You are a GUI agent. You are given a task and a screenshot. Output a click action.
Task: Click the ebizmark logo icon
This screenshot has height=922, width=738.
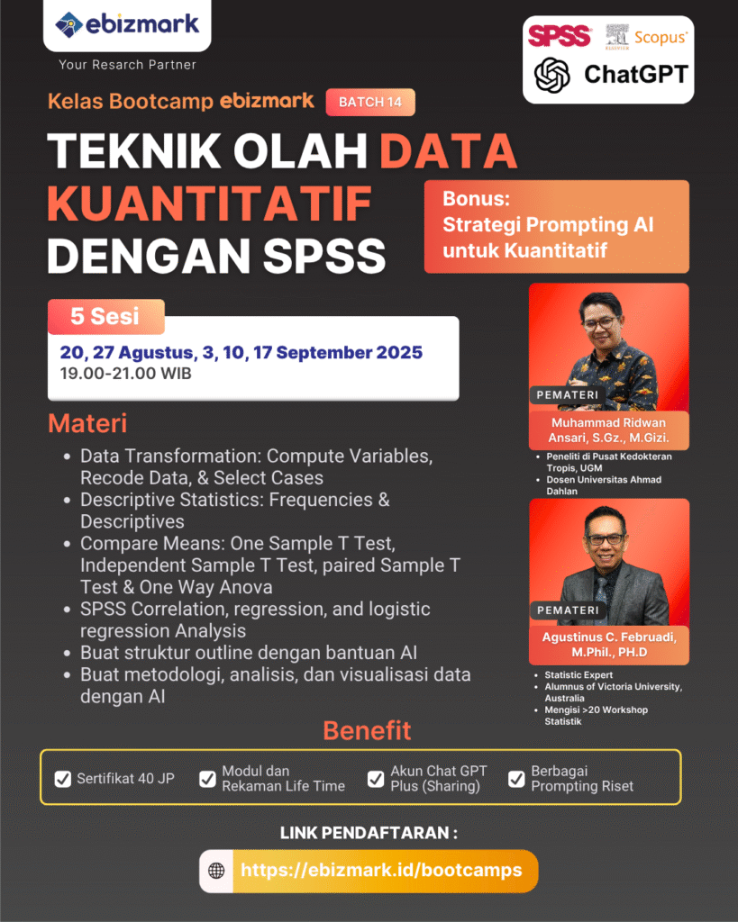tap(68, 24)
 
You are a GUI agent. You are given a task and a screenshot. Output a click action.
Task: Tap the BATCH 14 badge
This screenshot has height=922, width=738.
tap(370, 102)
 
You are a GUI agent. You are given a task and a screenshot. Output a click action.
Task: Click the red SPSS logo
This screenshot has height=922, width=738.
tap(559, 36)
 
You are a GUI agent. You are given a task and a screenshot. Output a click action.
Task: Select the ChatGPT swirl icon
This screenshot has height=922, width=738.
tap(552, 75)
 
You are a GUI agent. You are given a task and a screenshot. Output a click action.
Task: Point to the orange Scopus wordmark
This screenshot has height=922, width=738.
tap(661, 38)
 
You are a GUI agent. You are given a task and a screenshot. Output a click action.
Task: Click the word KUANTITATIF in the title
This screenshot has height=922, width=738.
tap(209, 203)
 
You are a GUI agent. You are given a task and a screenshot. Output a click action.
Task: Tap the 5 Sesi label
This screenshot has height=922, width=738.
tap(105, 316)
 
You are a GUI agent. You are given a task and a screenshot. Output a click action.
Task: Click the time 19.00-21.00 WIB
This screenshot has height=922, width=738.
tap(125, 374)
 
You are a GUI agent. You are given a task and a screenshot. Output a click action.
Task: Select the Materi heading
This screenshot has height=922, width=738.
tap(87, 423)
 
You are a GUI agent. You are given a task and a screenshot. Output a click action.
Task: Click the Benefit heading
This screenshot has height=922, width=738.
tap(367, 730)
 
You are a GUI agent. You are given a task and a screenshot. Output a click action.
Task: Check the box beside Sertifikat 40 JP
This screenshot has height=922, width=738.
tap(62, 779)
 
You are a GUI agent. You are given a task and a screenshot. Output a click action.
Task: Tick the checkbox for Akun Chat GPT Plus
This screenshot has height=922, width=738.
tap(376, 779)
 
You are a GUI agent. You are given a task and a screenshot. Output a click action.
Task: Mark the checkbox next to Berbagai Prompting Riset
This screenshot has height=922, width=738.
tap(516, 779)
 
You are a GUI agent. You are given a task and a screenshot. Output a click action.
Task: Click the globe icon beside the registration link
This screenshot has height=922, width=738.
tap(216, 871)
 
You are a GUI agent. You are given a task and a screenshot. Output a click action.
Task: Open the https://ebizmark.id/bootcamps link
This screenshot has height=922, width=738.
tap(381, 871)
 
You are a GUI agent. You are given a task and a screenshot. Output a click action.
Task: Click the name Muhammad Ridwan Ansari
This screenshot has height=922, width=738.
tap(608, 429)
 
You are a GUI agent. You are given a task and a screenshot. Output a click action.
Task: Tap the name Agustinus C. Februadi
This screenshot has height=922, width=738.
tap(609, 645)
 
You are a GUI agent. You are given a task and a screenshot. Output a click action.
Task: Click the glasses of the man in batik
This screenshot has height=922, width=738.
tap(600, 323)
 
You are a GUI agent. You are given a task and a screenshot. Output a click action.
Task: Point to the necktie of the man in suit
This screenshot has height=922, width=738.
tap(600, 599)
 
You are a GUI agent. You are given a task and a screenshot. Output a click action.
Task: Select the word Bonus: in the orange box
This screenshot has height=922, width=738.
tap(476, 199)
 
